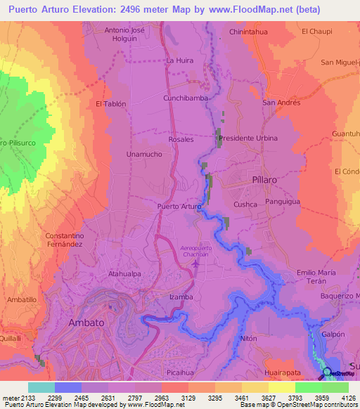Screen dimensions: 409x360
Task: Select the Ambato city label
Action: tap(86, 323)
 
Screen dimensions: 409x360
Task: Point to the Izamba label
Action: tap(181, 297)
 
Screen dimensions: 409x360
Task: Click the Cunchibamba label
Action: tap(186, 98)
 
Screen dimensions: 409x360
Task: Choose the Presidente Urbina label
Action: tap(248, 138)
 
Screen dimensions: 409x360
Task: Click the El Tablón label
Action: tap(110, 103)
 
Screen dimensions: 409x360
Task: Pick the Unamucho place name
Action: tap(144, 154)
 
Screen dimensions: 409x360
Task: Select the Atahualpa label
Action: tap(125, 275)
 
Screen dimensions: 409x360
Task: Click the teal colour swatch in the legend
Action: tap(41, 387)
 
